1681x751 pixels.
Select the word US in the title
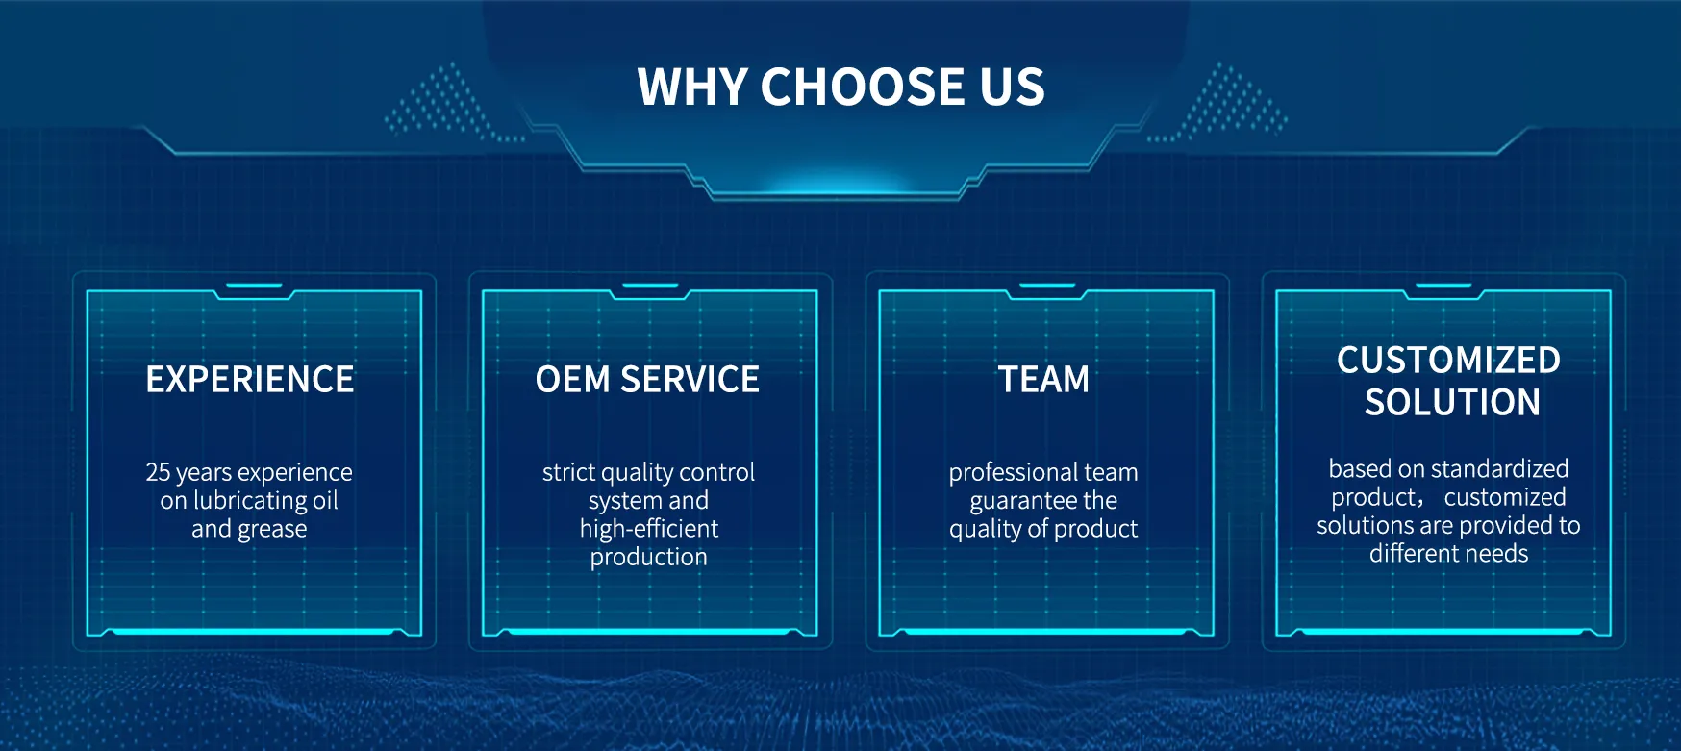(x=1012, y=87)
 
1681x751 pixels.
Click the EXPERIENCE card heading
(x=250, y=380)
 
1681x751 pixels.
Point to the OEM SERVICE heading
(x=647, y=380)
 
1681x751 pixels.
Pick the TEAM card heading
(x=1043, y=380)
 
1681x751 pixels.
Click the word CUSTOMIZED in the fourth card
(x=1448, y=361)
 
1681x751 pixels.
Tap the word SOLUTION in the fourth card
(x=1452, y=402)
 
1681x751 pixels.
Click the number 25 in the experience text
(x=158, y=472)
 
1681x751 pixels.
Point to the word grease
(x=272, y=530)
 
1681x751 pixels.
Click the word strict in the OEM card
(x=568, y=472)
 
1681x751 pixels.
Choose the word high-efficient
(x=649, y=529)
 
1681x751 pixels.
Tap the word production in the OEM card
(x=649, y=558)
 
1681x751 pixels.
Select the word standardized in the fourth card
(x=1500, y=469)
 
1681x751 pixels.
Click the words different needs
(x=1448, y=554)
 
